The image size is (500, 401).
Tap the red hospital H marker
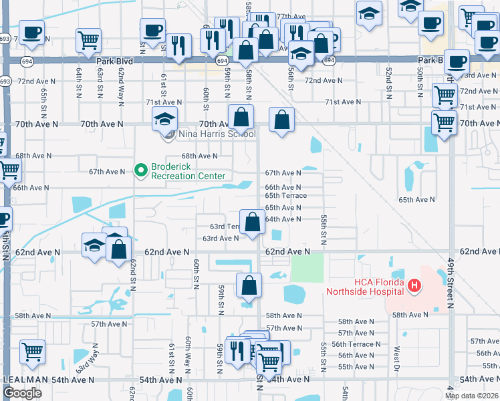coord(414,287)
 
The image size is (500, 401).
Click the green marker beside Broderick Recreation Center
coord(140,171)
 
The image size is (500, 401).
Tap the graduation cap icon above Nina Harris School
coord(164,120)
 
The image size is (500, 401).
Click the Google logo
coord(23,393)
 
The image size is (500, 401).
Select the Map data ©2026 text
coord(471,396)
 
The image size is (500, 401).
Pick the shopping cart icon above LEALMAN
coord(32,351)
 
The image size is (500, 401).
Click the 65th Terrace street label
coord(285,196)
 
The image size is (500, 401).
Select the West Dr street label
coord(397,355)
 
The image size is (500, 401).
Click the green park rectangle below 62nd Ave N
coord(307,268)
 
